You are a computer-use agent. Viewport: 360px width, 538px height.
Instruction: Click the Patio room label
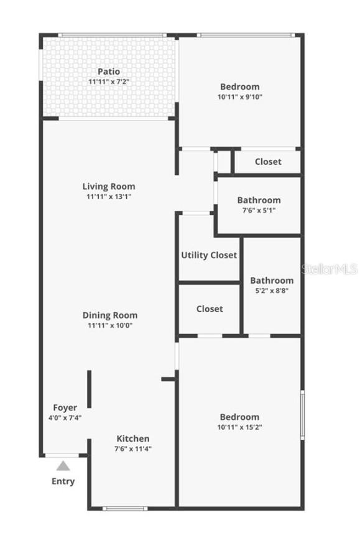pyautogui.click(x=109, y=72)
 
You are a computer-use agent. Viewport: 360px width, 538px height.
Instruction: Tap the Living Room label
pyautogui.click(x=109, y=186)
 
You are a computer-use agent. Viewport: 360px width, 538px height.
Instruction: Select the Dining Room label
pyautogui.click(x=109, y=315)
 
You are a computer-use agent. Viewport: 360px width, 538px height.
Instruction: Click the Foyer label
pyautogui.click(x=65, y=407)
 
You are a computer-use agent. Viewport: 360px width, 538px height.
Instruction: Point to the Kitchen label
pyautogui.click(x=132, y=438)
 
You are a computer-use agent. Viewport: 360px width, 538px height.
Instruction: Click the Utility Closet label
pyautogui.click(x=209, y=255)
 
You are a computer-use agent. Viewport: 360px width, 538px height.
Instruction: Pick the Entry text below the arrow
pyautogui.click(x=63, y=481)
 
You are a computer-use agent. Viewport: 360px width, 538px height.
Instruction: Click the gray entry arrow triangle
pyautogui.click(x=63, y=465)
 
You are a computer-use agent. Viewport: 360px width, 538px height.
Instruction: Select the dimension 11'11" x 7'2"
pyautogui.click(x=109, y=81)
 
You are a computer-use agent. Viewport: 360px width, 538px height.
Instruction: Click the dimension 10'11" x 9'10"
pyautogui.click(x=239, y=96)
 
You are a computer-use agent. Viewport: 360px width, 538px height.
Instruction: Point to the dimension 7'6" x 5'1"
pyautogui.click(x=259, y=210)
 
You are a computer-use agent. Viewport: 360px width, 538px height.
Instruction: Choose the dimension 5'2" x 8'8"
pyautogui.click(x=272, y=290)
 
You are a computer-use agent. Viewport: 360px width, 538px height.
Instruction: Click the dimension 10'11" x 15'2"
pyautogui.click(x=239, y=427)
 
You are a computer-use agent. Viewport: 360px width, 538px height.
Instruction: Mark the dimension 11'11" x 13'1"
pyautogui.click(x=109, y=196)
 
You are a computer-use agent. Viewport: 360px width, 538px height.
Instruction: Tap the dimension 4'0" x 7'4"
pyautogui.click(x=65, y=417)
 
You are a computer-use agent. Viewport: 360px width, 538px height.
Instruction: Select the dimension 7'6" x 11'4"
pyautogui.click(x=132, y=448)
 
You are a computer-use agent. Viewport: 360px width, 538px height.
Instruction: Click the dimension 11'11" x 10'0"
pyautogui.click(x=109, y=325)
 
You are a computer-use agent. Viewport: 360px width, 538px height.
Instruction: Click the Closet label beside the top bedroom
pyautogui.click(x=268, y=162)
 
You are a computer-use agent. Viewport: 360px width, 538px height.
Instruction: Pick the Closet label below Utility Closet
pyautogui.click(x=210, y=308)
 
